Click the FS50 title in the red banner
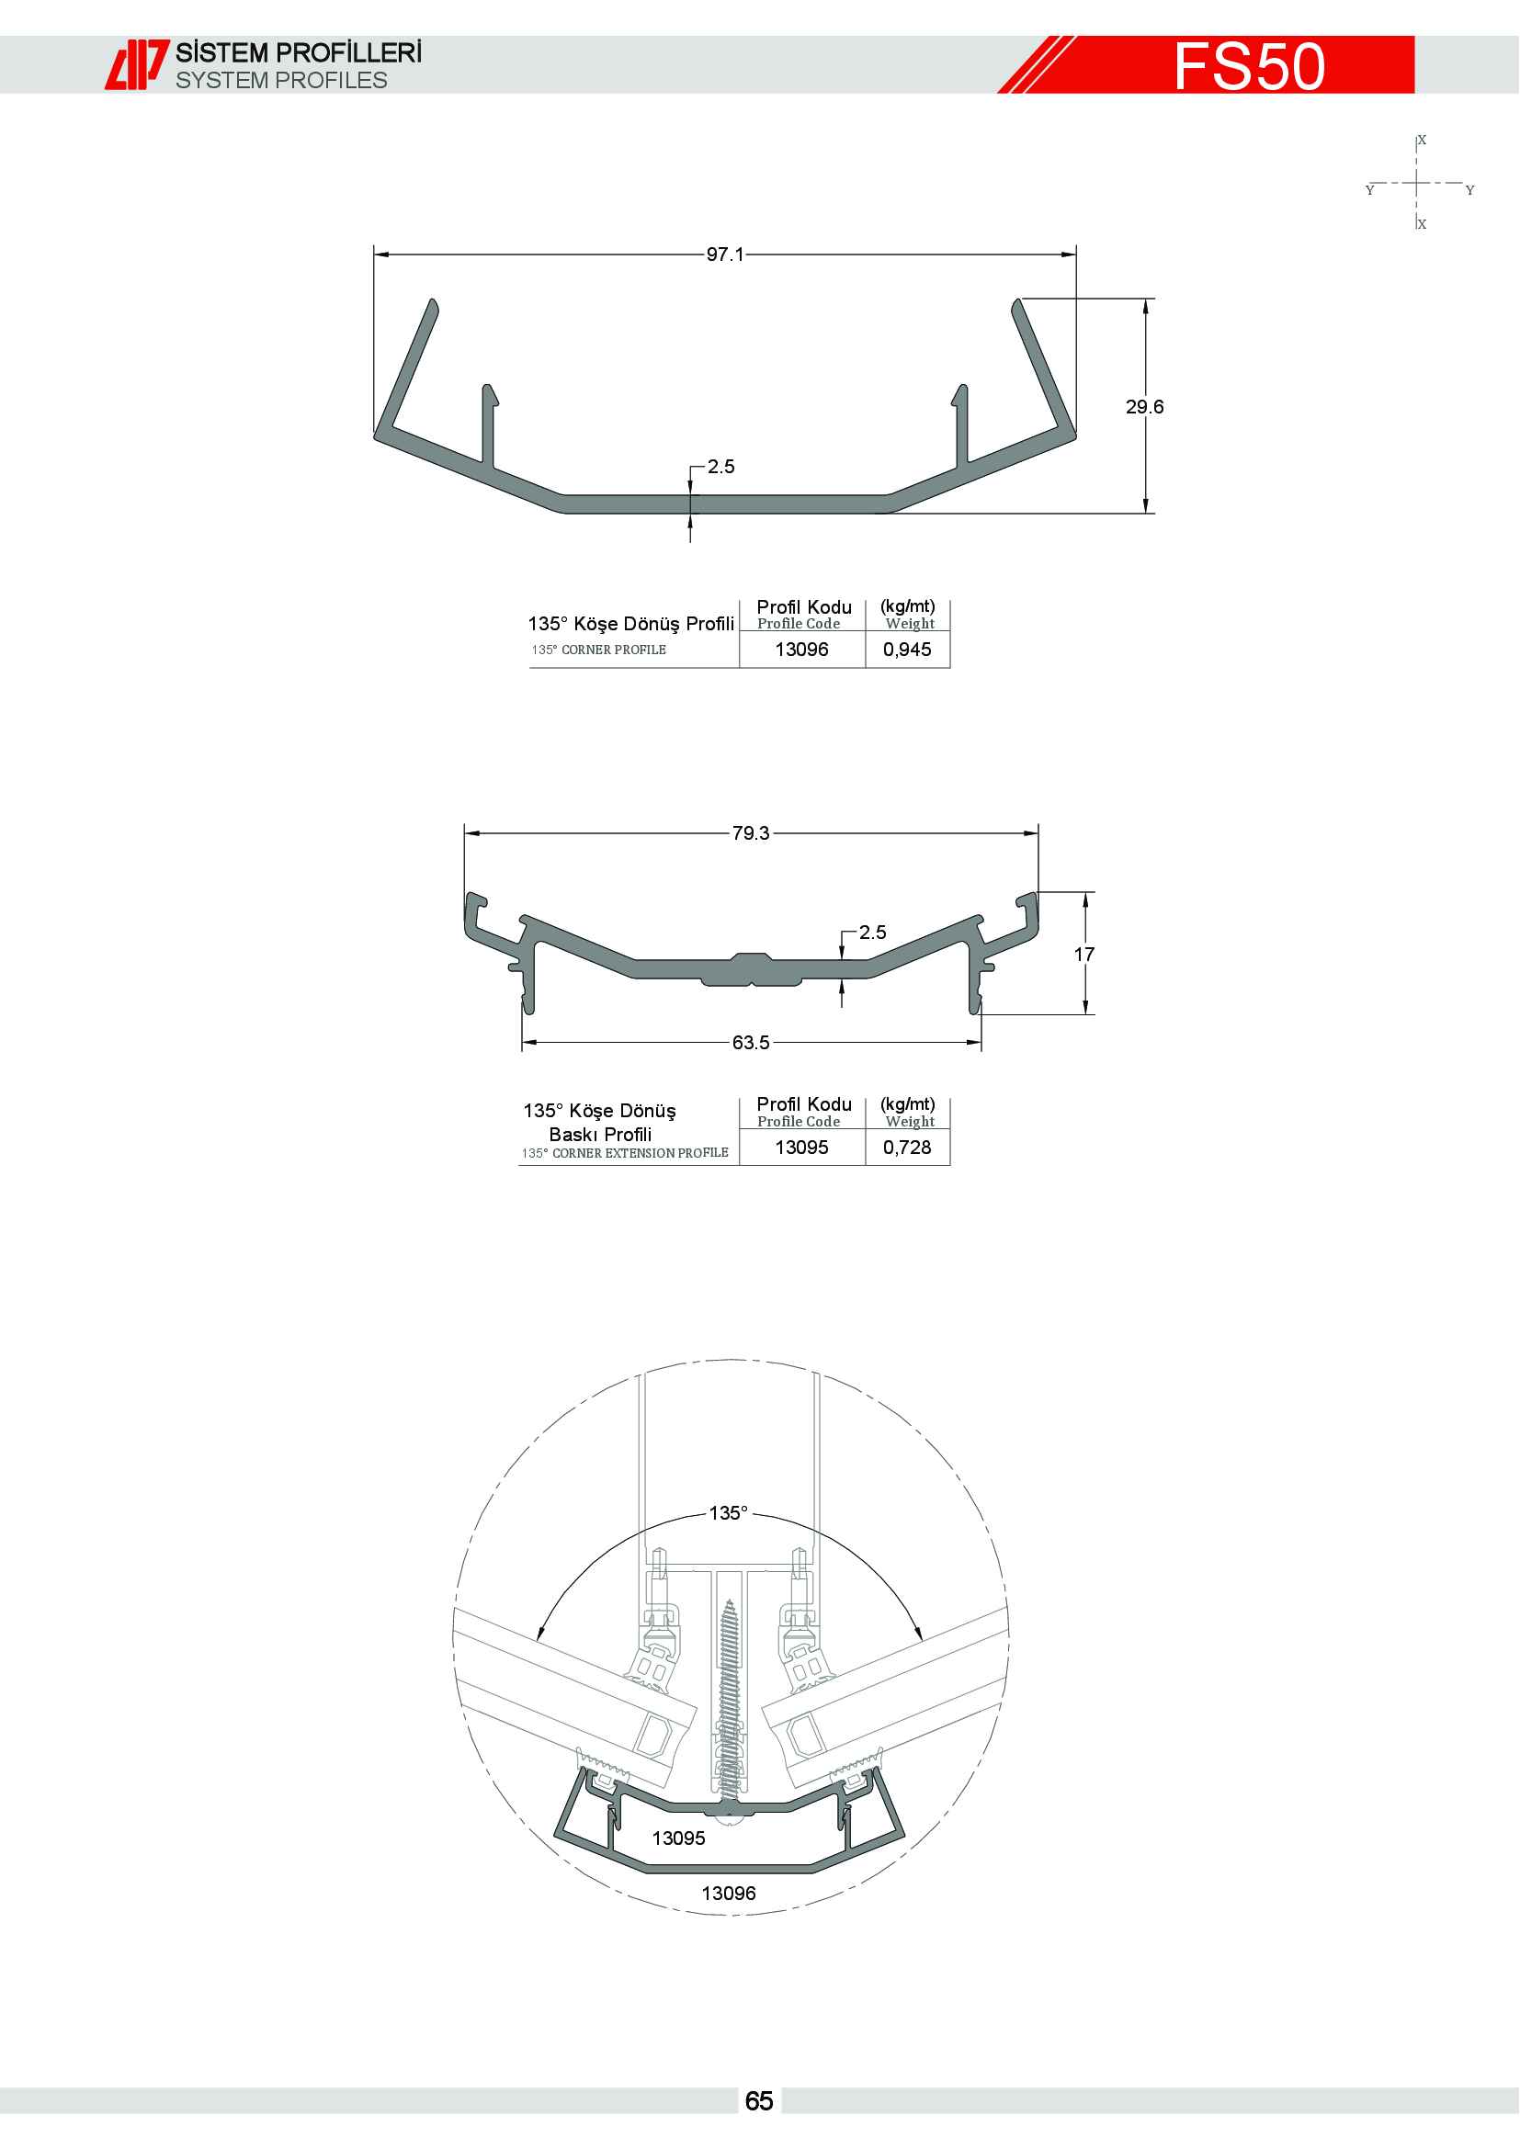[x=1250, y=65]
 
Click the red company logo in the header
[x=137, y=64]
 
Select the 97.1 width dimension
[x=725, y=254]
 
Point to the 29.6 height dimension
[x=1145, y=406]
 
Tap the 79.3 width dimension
[x=751, y=833]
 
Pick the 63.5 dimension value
[x=751, y=1043]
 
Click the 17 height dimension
[x=1083, y=955]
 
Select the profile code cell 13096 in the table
[x=801, y=650]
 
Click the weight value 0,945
[x=907, y=650]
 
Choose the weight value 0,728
[x=907, y=1148]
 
